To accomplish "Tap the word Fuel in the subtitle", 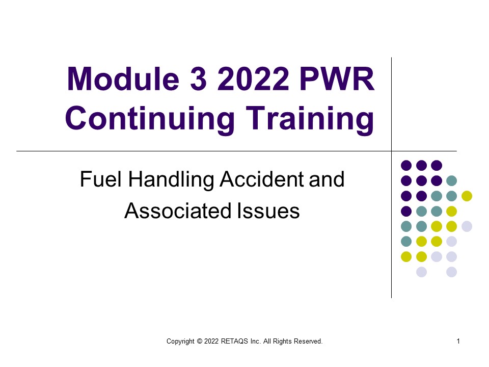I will (x=98, y=179).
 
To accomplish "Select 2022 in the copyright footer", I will (x=212, y=341).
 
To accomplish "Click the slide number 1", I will (x=458, y=341).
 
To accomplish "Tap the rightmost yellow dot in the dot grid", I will (x=467, y=196).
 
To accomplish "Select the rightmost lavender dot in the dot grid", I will (x=467, y=226).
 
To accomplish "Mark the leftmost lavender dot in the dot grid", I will (x=421, y=272).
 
